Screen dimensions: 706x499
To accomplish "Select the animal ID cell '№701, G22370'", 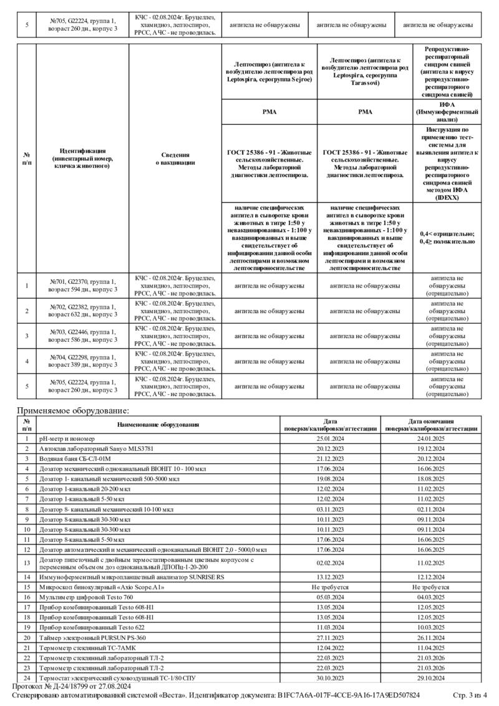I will [x=82, y=286].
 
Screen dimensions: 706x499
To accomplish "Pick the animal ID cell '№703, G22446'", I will [x=82, y=336].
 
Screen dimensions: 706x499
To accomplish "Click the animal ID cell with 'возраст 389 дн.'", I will [x=82, y=360].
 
